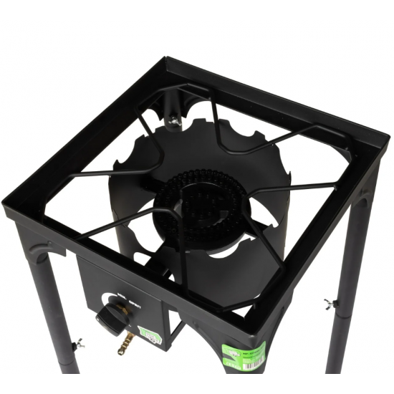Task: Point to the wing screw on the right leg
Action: [330, 303]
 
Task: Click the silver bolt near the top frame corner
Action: [173, 123]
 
